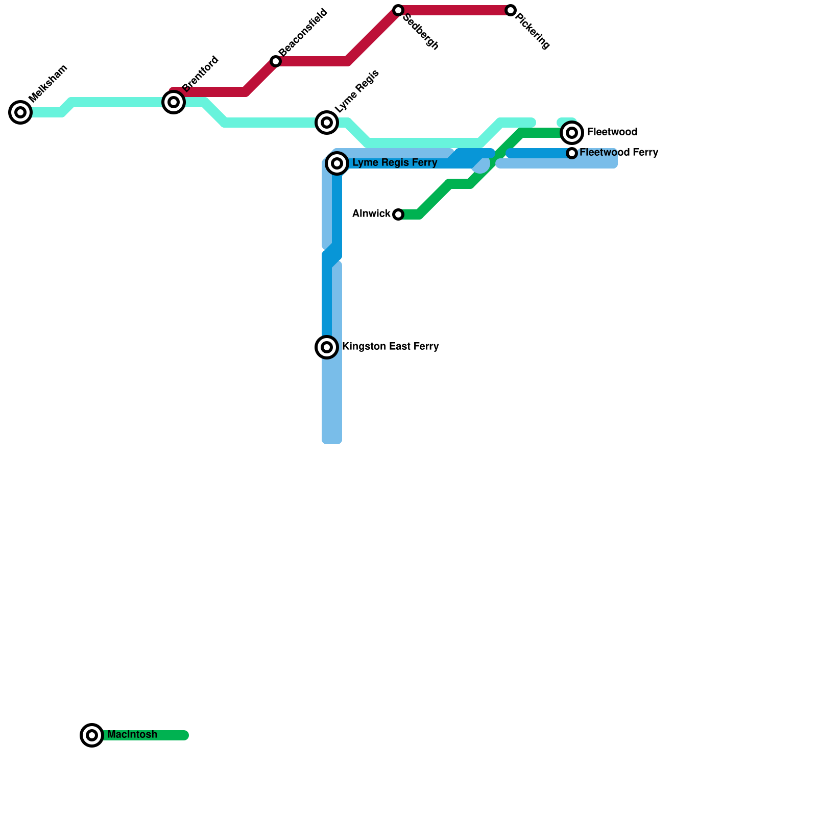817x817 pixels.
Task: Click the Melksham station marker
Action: (x=20, y=112)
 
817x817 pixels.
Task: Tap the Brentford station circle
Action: (x=174, y=102)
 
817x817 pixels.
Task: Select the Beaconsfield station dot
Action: (x=276, y=61)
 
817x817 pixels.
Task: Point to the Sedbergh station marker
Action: (x=398, y=10)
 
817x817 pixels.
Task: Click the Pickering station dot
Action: (x=511, y=10)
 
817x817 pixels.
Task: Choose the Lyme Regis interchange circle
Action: (x=327, y=123)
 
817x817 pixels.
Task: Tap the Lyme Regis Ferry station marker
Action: (x=337, y=163)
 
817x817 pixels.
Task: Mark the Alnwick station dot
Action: (x=398, y=214)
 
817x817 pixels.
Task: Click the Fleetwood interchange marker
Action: (x=572, y=133)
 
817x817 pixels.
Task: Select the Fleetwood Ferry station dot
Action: (x=572, y=153)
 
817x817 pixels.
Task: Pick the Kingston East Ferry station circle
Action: (x=327, y=347)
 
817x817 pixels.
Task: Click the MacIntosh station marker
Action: (x=92, y=735)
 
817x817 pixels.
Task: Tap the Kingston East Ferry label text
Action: (x=391, y=347)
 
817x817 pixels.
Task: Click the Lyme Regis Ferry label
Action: (x=395, y=163)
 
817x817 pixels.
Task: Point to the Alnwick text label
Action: (x=371, y=214)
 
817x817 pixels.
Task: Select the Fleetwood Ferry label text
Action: (x=619, y=153)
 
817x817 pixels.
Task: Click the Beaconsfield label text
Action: (x=303, y=32)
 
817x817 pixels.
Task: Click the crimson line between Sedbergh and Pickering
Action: (x=454, y=10)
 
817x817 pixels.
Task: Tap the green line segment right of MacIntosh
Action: (x=146, y=735)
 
